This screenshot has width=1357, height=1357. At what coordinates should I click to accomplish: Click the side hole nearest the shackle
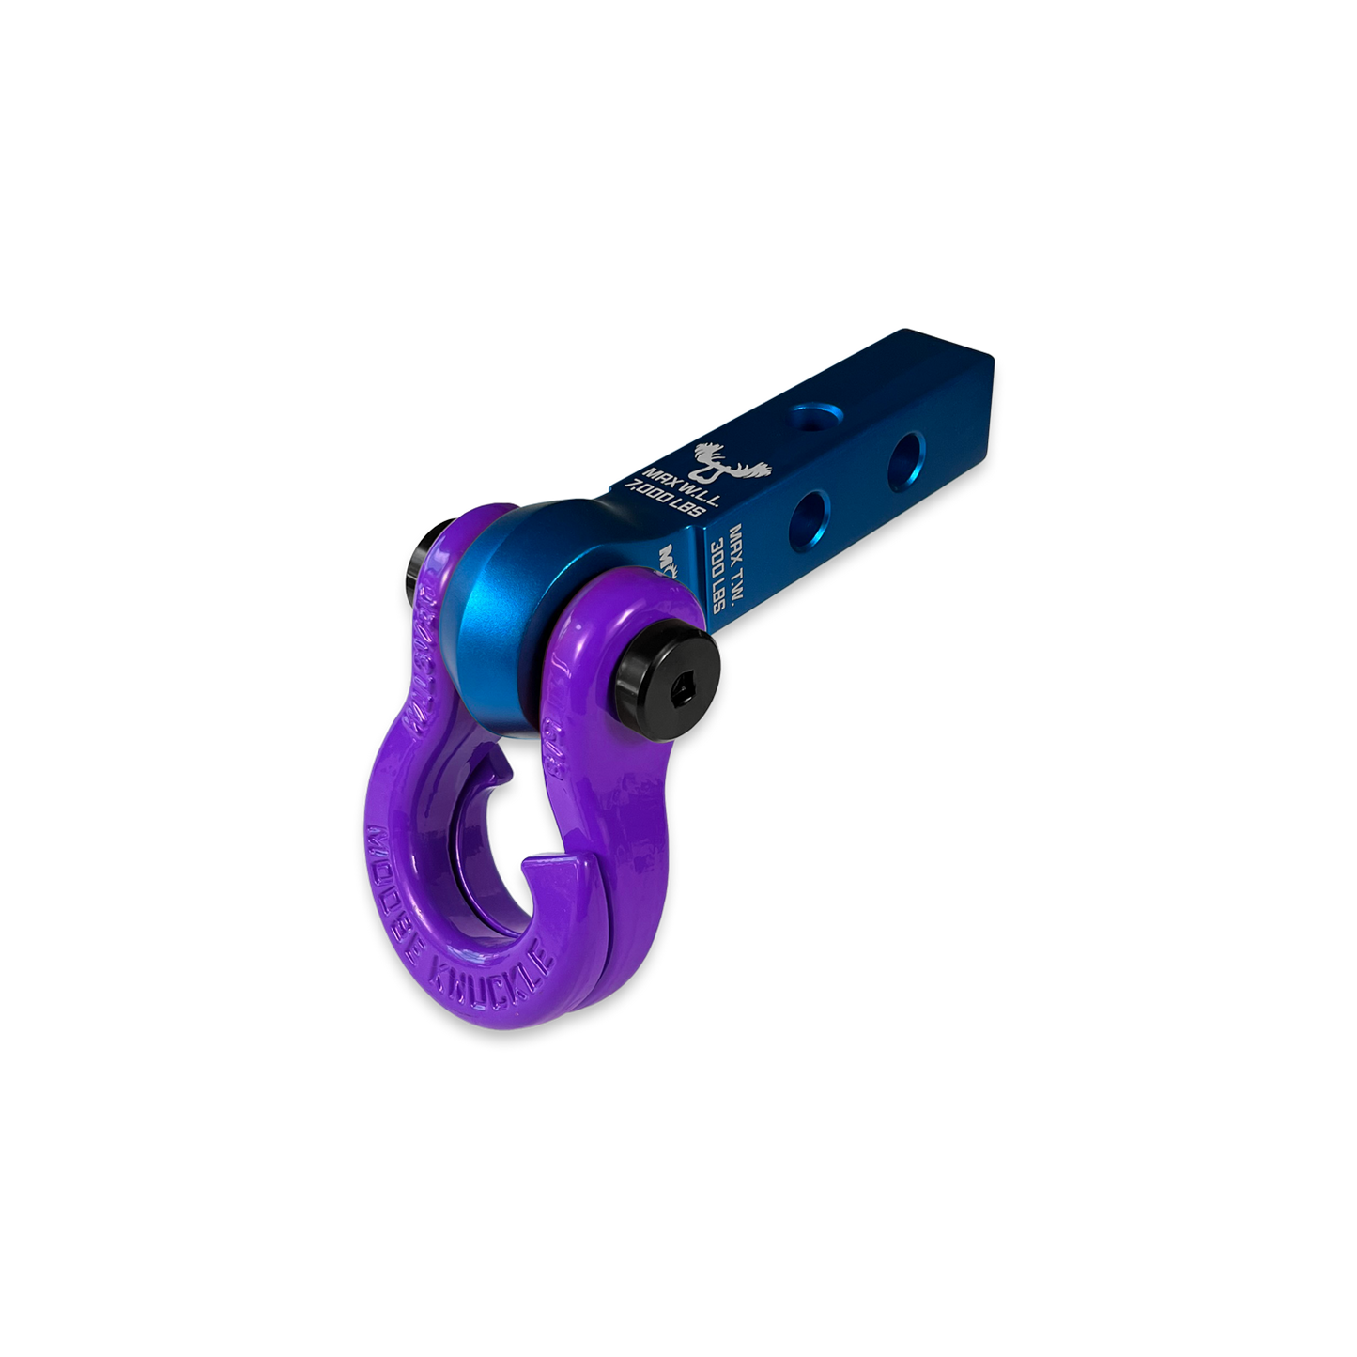808,514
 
